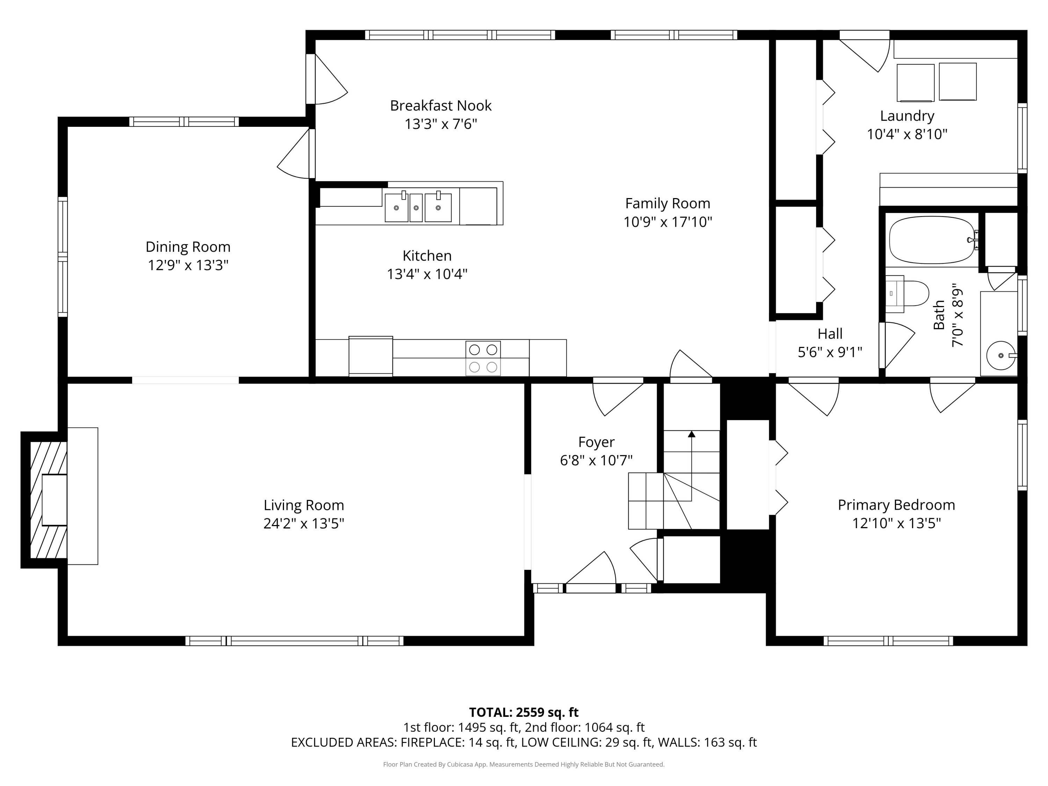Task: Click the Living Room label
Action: (x=304, y=505)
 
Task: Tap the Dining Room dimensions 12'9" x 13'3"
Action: (x=188, y=265)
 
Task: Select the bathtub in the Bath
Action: (x=931, y=240)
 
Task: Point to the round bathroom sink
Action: (x=1000, y=355)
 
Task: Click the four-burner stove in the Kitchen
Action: (x=483, y=358)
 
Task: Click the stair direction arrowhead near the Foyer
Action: (x=691, y=434)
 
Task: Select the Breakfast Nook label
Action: (x=441, y=105)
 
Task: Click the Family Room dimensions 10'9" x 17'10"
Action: (x=668, y=222)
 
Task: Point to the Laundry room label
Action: (x=907, y=116)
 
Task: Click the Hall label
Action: (x=830, y=334)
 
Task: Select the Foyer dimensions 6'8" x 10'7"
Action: (x=596, y=460)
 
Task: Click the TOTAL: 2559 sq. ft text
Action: (x=524, y=712)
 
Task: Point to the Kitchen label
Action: (x=427, y=256)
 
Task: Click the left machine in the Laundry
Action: (x=915, y=83)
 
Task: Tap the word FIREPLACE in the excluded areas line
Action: (x=432, y=742)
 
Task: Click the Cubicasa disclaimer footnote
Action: (x=524, y=764)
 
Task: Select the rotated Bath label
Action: (x=939, y=315)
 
